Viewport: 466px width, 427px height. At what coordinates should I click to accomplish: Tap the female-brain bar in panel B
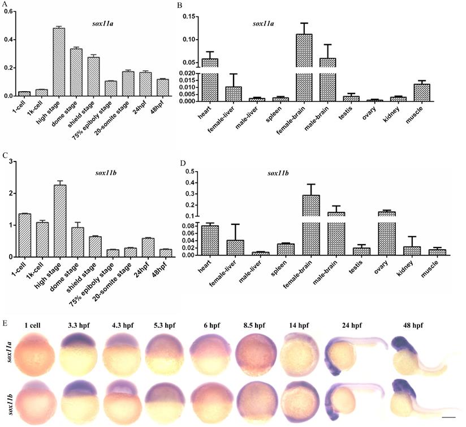click(304, 68)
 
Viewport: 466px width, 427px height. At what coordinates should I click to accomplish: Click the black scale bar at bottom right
click(448, 419)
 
